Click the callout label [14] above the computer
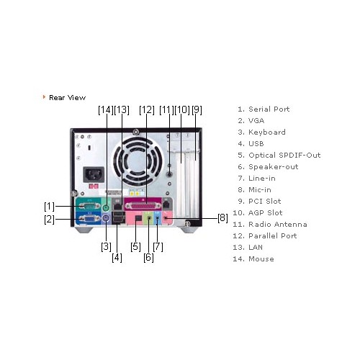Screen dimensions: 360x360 click(106, 110)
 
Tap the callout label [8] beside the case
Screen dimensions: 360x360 click(222, 218)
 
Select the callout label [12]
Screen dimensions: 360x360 click(147, 110)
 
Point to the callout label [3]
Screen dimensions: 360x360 click(106, 246)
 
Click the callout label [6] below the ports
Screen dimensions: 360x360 click(148, 258)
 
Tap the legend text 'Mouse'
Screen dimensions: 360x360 click(261, 259)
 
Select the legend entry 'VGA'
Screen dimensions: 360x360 click(256, 121)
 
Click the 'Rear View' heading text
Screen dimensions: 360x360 click(67, 98)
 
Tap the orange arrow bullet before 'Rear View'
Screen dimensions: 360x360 click(44, 97)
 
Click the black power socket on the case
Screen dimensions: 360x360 click(94, 174)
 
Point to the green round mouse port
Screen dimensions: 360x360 click(105, 207)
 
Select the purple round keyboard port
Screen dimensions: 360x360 click(106, 218)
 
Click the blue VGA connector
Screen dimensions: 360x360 click(89, 218)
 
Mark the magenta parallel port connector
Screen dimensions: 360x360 click(143, 206)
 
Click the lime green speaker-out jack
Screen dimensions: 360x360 click(149, 218)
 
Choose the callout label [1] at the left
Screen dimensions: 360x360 click(49, 206)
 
